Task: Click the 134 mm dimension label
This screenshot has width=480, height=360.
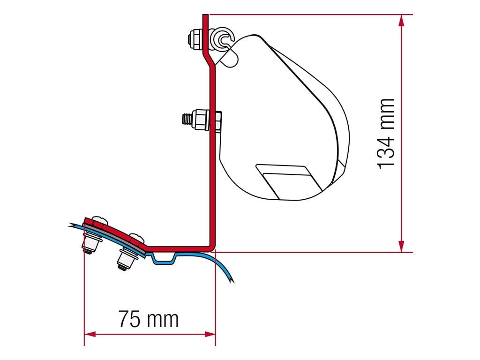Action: click(x=385, y=134)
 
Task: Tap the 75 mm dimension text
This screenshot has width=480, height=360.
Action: click(x=149, y=319)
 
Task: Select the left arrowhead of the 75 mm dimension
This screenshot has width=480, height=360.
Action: click(x=90, y=334)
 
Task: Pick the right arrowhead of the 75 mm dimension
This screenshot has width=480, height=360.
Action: click(x=210, y=334)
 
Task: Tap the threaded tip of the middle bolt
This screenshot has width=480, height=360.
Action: click(x=187, y=119)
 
